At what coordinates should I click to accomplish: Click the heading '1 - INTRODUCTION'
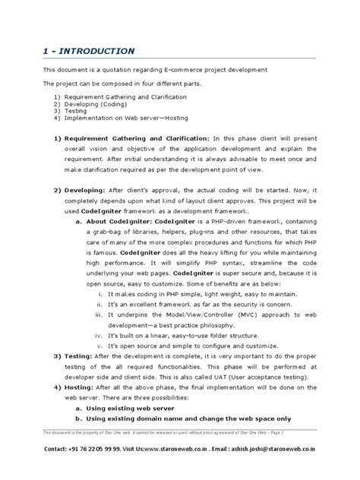[x=89, y=50]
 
